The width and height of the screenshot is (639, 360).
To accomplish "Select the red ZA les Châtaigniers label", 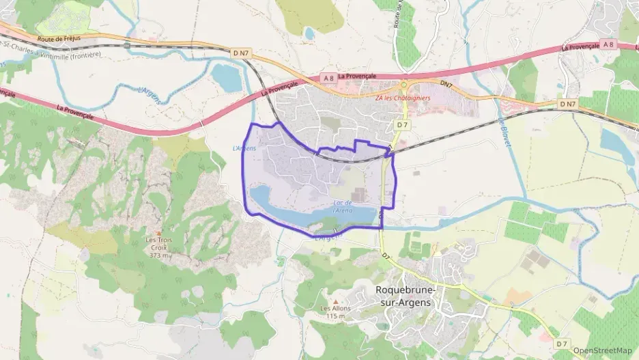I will point(403,98).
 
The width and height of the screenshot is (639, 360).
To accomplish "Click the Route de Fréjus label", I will point(59,39).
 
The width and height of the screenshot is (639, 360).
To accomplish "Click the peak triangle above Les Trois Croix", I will point(159,233).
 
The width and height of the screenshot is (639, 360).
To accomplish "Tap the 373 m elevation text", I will point(159,255).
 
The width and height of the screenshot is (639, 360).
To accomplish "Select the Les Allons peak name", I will point(335,308).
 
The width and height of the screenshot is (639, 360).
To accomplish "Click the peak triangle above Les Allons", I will point(335,300).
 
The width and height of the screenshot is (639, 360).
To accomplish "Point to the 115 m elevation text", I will point(335,316).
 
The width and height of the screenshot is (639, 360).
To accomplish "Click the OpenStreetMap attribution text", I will point(602,350).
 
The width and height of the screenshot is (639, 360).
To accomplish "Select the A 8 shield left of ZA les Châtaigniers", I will point(328,78).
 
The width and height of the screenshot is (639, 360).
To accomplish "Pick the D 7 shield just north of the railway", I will point(402,124).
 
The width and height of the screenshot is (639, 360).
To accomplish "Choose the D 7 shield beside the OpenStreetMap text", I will point(561,343).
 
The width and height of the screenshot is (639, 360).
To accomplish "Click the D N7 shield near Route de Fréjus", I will point(240,52).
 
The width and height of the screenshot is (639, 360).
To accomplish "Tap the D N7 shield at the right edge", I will point(567,104).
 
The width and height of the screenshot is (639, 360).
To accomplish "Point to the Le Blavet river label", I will point(505,131).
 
